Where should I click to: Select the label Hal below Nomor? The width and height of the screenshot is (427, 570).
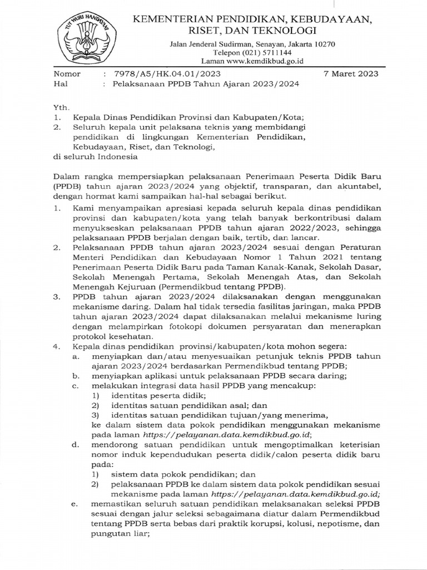tap(59, 84)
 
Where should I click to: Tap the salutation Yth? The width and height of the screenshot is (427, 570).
tap(59, 106)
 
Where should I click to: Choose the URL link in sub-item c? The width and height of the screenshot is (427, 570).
tap(220, 435)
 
